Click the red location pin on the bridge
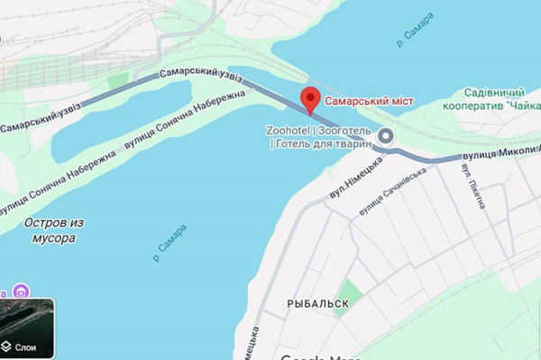click(311, 98)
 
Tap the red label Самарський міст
click(369, 101)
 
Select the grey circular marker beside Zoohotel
click(387, 136)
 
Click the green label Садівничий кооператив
click(491, 94)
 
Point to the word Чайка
click(522, 106)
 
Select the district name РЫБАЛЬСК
click(317, 304)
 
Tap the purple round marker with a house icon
click(22, 291)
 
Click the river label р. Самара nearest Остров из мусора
click(170, 244)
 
